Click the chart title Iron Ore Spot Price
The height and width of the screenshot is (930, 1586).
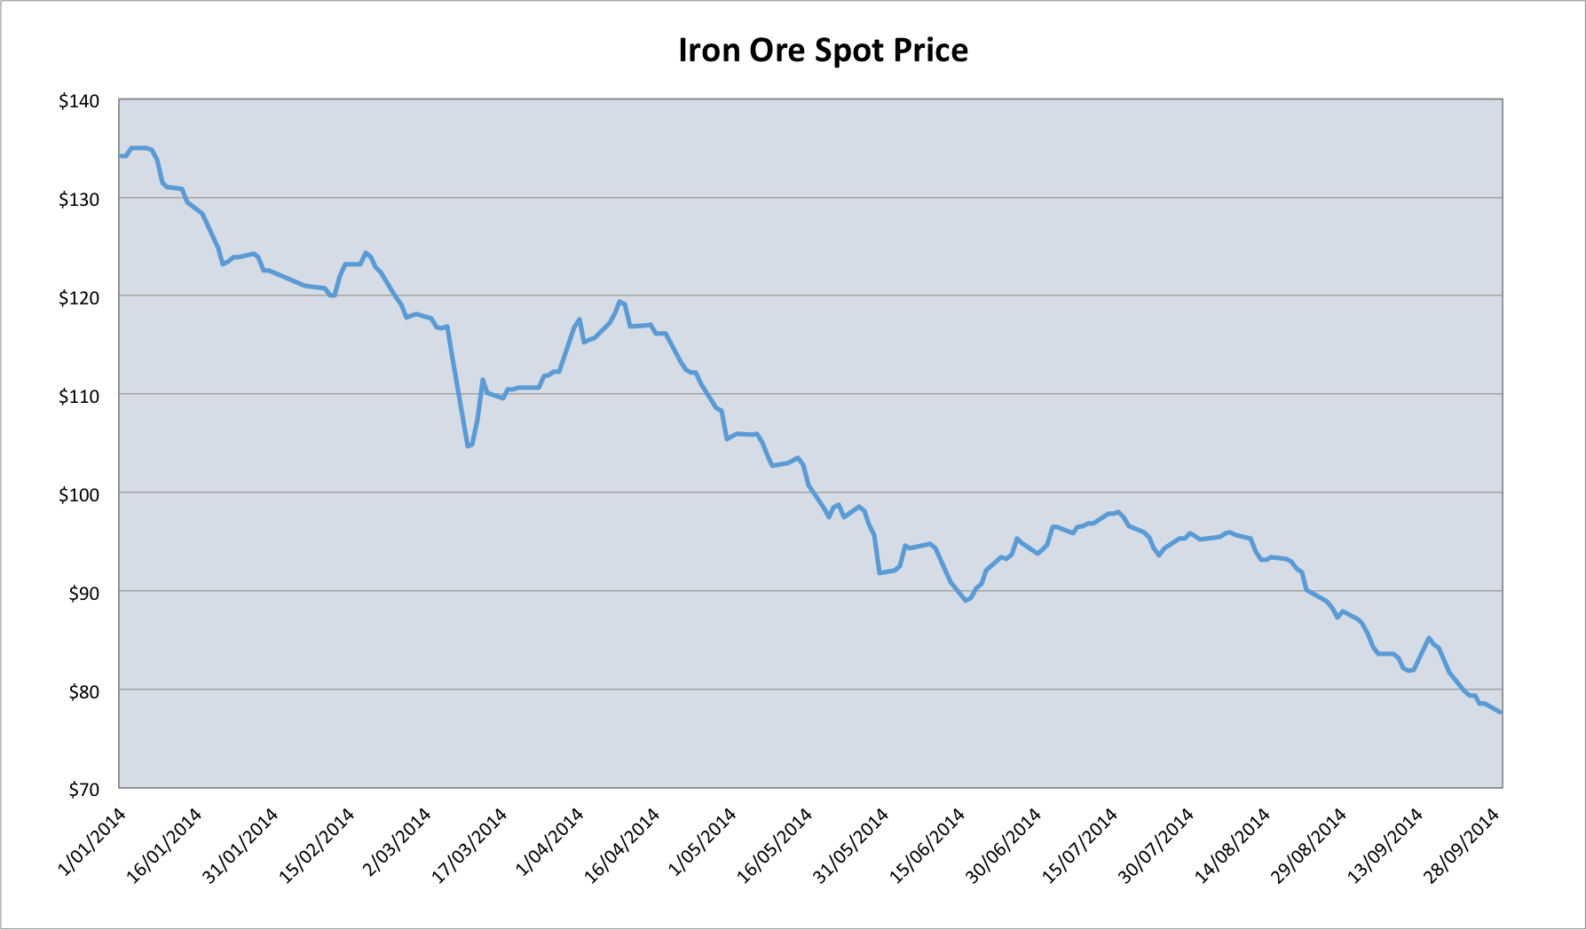click(x=823, y=51)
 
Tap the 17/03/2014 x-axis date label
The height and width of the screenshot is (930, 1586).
click(x=471, y=844)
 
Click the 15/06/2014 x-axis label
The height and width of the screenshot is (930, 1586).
click(x=928, y=844)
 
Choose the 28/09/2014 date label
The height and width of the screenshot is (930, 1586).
click(x=1463, y=844)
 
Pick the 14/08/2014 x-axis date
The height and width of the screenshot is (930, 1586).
click(x=1234, y=844)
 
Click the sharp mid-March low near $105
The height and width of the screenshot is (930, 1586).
click(x=468, y=445)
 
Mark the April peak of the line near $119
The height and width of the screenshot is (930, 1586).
click(x=619, y=302)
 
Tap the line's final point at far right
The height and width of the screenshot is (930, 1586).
click(x=1500, y=712)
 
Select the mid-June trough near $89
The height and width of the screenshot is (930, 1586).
click(x=967, y=601)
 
